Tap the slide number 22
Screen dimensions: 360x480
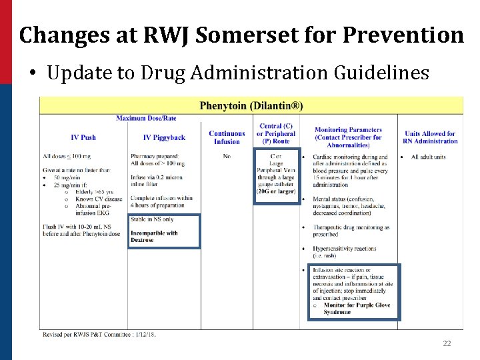coord(447,343)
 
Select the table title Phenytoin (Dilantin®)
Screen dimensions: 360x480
coord(251,105)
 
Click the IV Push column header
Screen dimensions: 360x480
coord(83,137)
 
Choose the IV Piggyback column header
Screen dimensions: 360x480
coord(164,137)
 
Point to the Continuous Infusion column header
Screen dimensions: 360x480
coord(227,137)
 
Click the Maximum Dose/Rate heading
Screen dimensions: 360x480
coord(145,119)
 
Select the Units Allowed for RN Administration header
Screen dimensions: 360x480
coord(430,137)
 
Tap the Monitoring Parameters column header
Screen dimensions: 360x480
coord(348,137)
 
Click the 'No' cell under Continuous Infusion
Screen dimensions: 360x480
coord(227,157)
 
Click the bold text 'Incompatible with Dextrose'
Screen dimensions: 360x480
coord(153,237)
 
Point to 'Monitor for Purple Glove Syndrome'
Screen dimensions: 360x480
coord(357,309)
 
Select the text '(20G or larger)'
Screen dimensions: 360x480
coord(275,191)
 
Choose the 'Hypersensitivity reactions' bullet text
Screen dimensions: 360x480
coord(345,249)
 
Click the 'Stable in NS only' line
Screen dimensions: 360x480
coord(152,219)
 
